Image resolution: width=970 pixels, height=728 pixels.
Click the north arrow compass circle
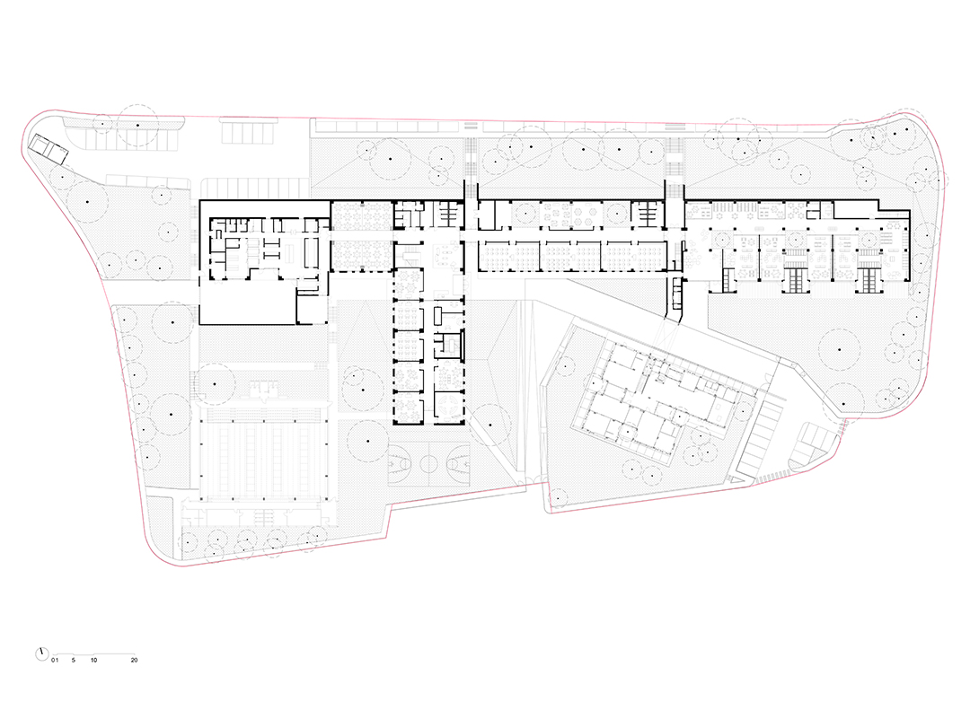(x=42, y=653)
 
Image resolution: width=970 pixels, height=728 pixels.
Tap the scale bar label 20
(x=134, y=661)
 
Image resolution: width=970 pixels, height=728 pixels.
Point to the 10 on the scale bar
(x=94, y=661)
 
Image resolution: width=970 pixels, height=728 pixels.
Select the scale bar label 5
(x=73, y=661)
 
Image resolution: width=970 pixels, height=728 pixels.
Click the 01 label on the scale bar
(x=55, y=661)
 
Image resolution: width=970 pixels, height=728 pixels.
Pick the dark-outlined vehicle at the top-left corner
(x=48, y=149)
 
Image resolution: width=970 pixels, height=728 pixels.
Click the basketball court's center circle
(x=428, y=462)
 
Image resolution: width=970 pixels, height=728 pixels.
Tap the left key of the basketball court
(x=399, y=462)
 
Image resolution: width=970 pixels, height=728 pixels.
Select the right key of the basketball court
(x=457, y=462)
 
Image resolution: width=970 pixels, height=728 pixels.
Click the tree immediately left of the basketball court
(x=368, y=441)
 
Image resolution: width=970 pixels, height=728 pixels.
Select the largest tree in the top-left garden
(x=87, y=202)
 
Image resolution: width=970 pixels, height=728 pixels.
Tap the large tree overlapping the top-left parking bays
(x=137, y=126)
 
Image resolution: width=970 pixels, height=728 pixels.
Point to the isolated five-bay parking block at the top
(x=247, y=130)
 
